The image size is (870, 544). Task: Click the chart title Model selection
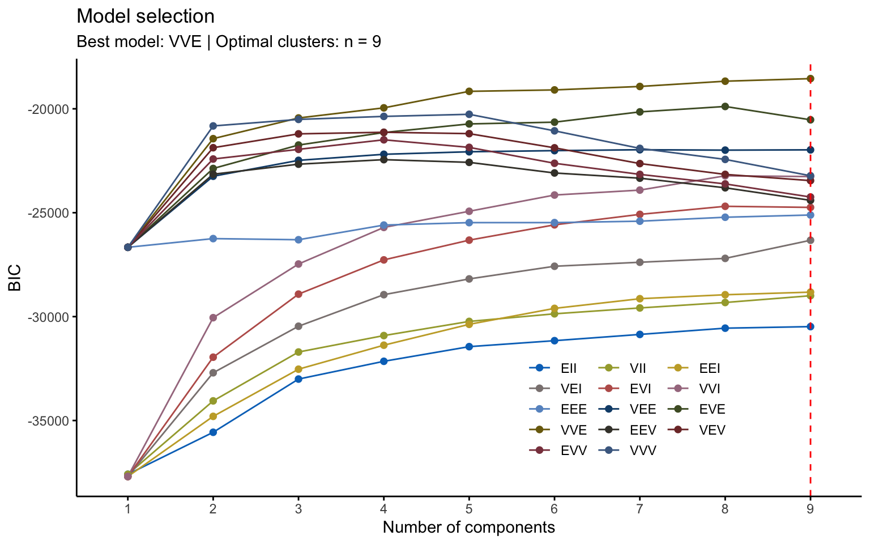coord(146,16)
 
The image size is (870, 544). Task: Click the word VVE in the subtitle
coord(185,42)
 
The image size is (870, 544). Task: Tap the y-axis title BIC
coord(15,277)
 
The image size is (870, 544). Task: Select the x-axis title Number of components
coord(468,528)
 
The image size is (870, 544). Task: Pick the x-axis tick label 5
coord(469,509)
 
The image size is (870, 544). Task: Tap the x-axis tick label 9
coord(810,509)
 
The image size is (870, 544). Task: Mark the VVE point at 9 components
coord(810,79)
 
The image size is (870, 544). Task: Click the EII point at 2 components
coord(213,432)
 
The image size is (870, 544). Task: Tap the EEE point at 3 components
coord(298,240)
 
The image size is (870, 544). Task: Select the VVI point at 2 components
coord(213,318)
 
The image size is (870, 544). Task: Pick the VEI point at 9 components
coord(810,240)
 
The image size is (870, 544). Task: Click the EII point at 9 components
coord(810,326)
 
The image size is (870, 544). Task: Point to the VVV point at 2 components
coord(213,126)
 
